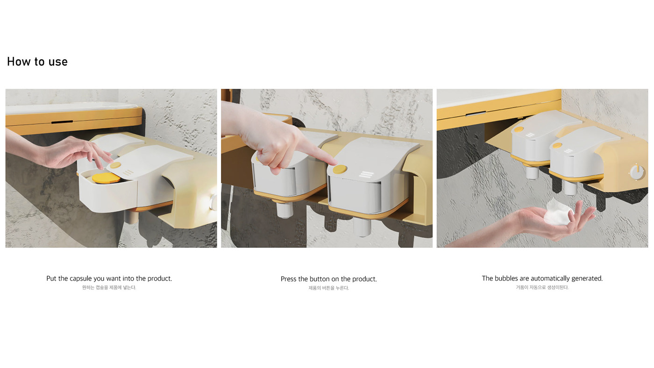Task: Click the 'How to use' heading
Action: click(37, 62)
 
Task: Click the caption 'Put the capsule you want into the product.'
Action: click(109, 278)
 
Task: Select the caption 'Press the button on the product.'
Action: click(329, 279)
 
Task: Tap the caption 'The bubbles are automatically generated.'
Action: click(542, 278)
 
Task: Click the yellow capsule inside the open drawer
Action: click(106, 178)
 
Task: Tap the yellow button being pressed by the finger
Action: click(340, 169)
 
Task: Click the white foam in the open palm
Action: click(558, 212)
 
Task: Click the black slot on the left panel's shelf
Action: click(62, 122)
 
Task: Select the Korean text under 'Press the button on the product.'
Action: click(329, 288)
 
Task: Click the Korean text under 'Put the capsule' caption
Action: click(109, 288)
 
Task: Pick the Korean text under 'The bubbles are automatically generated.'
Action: click(542, 288)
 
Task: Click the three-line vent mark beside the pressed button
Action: click(366, 174)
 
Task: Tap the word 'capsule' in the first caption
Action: click(80, 279)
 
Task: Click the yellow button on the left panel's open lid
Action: click(116, 165)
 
